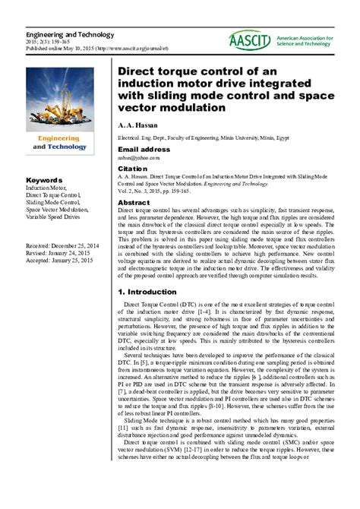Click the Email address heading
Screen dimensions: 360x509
pyautogui.click(x=144, y=150)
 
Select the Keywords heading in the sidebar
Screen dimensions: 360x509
pyautogui.click(x=43, y=180)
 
